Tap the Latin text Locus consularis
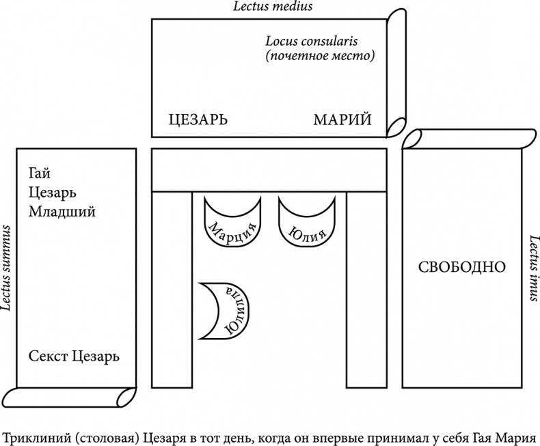[x=320, y=40]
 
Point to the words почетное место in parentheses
[x=320, y=56]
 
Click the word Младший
[x=62, y=211]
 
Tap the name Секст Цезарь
[x=74, y=356]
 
